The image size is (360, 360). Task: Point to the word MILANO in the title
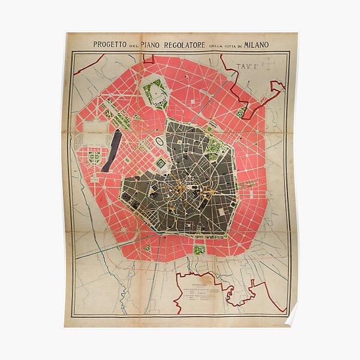tap(256, 44)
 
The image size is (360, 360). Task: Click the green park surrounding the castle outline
tap(155, 94)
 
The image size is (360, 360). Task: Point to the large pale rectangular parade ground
tap(91, 137)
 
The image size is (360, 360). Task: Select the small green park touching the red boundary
tap(241, 112)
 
